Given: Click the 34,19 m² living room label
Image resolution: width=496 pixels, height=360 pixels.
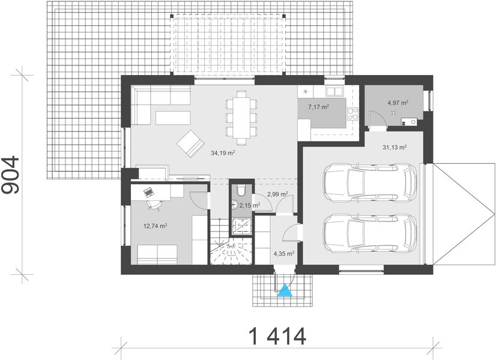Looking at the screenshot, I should point(222,153).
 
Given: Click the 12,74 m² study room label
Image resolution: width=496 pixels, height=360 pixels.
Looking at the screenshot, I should point(154,226).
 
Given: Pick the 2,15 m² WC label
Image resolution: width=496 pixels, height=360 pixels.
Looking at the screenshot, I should point(249,205).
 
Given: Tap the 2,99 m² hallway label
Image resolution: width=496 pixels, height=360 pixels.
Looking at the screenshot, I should point(277,194).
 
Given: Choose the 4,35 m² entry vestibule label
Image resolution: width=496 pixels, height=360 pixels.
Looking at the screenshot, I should point(282,254).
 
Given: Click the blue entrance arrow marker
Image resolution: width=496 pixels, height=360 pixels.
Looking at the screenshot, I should point(285,292).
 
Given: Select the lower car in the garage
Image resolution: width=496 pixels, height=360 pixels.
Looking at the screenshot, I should point(370,232).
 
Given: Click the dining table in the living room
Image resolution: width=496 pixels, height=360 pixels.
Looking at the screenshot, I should point(241,118).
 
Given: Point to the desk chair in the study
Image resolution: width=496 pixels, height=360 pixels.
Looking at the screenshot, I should point(154,204).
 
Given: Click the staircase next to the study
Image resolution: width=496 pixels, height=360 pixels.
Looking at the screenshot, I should point(231,243).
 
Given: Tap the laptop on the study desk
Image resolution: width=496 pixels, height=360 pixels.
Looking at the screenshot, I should point(147,191).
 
